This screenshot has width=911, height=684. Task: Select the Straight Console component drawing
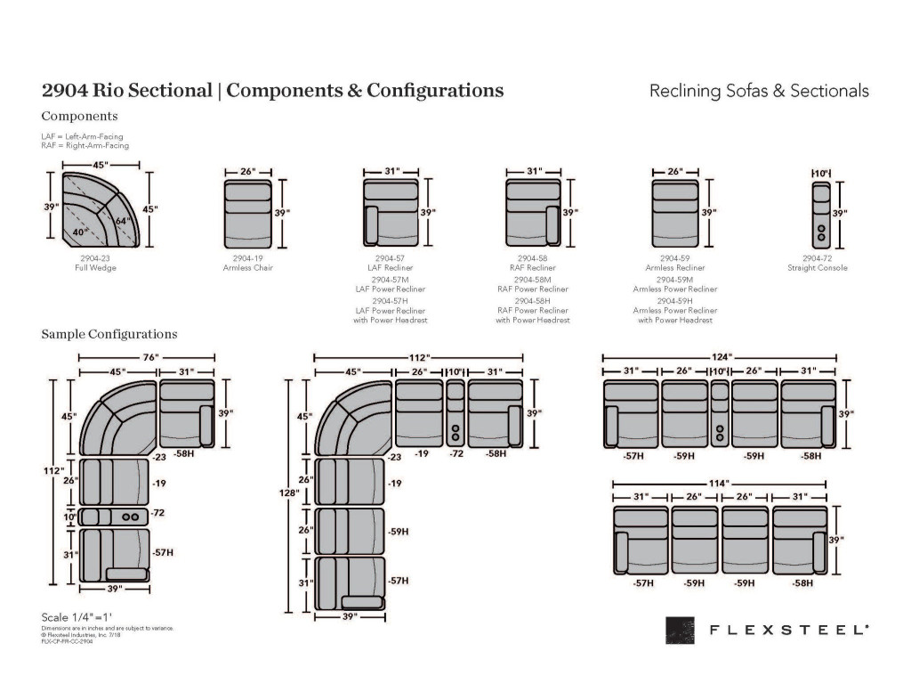pyautogui.click(x=821, y=214)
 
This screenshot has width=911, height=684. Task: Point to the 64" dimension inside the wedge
pyautogui.click(x=121, y=220)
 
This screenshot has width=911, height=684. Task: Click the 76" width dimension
pyautogui.click(x=149, y=357)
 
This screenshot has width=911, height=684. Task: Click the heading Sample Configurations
pyautogui.click(x=109, y=334)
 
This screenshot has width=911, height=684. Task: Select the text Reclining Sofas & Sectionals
pyautogui.click(x=759, y=91)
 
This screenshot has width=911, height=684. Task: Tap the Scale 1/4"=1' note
pyautogui.click(x=77, y=617)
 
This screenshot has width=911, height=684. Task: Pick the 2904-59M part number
pyautogui.click(x=675, y=279)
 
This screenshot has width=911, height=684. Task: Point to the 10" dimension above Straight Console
pyautogui.click(x=821, y=170)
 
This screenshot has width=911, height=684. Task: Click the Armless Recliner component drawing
pyautogui.click(x=675, y=214)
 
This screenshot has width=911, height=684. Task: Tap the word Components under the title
pyautogui.click(x=79, y=116)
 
